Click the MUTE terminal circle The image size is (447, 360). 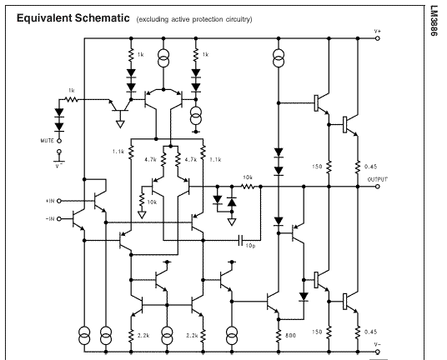pyautogui.click(x=59, y=141)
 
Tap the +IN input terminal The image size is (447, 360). pyautogui.click(x=59, y=201)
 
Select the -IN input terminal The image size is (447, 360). pyautogui.click(x=59, y=218)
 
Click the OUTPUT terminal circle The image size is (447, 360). pyautogui.click(x=378, y=187)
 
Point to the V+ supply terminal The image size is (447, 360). pyautogui.click(x=378, y=38)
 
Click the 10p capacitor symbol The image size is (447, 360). pyautogui.click(x=241, y=240)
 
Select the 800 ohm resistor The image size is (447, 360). pyautogui.click(x=279, y=336)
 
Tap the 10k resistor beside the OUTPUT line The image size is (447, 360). pyautogui.click(x=248, y=187)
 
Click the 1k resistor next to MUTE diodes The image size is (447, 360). pyautogui.click(x=71, y=99)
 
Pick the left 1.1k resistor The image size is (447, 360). pyautogui.click(x=131, y=152)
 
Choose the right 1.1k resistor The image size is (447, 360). pyautogui.click(x=203, y=152)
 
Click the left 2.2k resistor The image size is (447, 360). pyautogui.click(x=131, y=336)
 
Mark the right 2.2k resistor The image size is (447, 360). pyautogui.click(x=203, y=336)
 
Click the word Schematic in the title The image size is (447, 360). pyautogui.click(x=102, y=18)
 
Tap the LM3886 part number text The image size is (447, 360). pyautogui.click(x=434, y=21)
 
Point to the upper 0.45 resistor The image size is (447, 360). pyautogui.click(x=358, y=167)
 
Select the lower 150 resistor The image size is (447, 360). pyautogui.click(x=329, y=332)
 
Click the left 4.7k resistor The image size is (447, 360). pyautogui.click(x=163, y=159)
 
